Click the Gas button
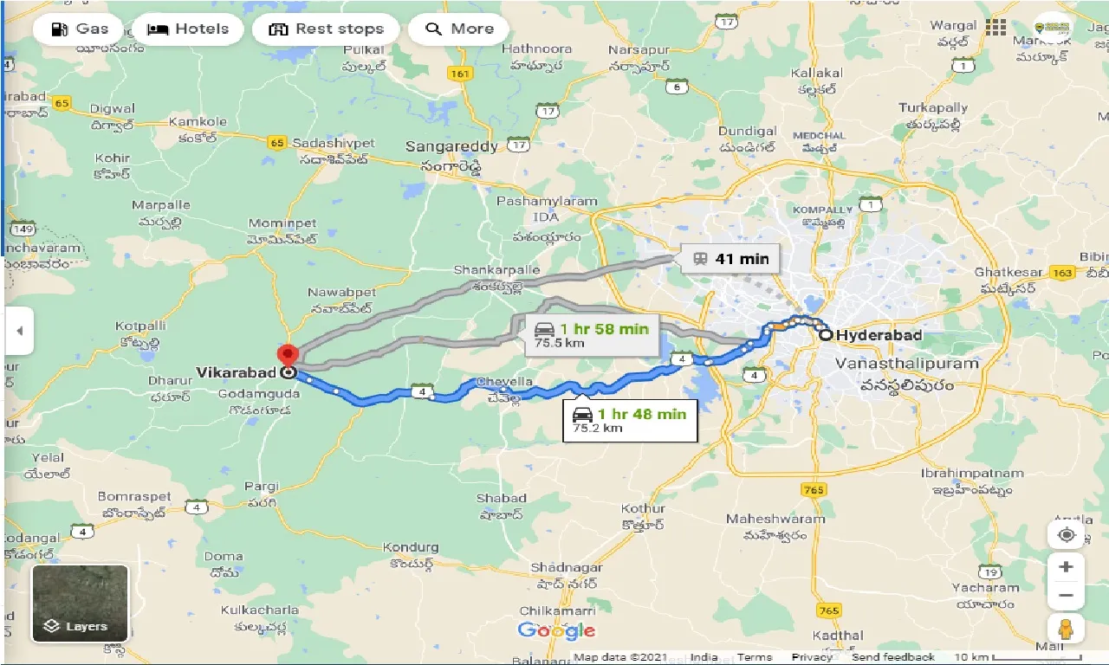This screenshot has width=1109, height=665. pyautogui.click(x=79, y=29)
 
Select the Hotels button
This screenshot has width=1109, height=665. pyautogui.click(x=188, y=29)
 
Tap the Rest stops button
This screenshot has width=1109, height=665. pyautogui.click(x=325, y=29)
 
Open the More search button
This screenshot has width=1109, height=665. pyautogui.click(x=458, y=29)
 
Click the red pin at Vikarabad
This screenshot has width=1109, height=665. pyautogui.click(x=287, y=355)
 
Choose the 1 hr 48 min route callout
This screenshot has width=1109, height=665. pyautogui.click(x=630, y=419)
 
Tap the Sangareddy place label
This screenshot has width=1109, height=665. pyautogui.click(x=451, y=146)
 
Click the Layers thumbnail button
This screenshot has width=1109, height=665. pyautogui.click(x=80, y=604)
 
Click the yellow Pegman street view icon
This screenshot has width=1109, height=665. pyautogui.click(x=1066, y=629)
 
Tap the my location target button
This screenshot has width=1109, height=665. pyautogui.click(x=1066, y=535)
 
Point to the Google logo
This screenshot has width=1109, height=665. pyautogui.click(x=557, y=630)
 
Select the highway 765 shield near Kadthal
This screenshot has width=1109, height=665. pyautogui.click(x=829, y=610)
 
